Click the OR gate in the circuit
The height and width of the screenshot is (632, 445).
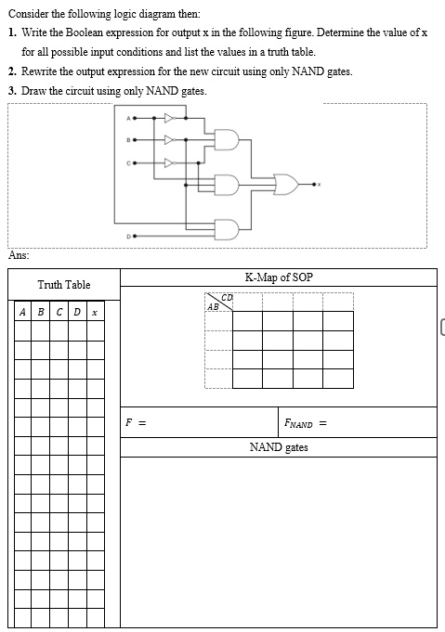286,185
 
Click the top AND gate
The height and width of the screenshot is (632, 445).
227,140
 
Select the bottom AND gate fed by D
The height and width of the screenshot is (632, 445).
227,229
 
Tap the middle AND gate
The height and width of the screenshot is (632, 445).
227,185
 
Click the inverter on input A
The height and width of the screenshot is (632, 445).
170,118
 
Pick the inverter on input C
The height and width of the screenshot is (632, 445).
170,162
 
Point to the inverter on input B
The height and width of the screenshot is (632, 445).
170,140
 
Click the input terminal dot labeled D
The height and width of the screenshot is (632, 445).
135,236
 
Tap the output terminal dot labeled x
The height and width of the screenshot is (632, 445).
313,185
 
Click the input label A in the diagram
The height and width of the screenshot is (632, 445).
128,118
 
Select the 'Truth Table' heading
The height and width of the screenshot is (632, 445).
64,285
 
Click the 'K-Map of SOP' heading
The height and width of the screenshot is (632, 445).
279,277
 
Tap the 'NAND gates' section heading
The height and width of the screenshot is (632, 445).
279,447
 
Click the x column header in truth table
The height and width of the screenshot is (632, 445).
95,313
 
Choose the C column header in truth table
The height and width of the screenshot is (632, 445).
59,312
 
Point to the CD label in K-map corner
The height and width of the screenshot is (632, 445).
227,298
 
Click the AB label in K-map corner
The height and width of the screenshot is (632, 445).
213,307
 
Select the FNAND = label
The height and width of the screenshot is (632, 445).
306,423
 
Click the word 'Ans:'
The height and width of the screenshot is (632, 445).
19,255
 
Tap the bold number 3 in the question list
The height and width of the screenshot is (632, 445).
12,91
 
